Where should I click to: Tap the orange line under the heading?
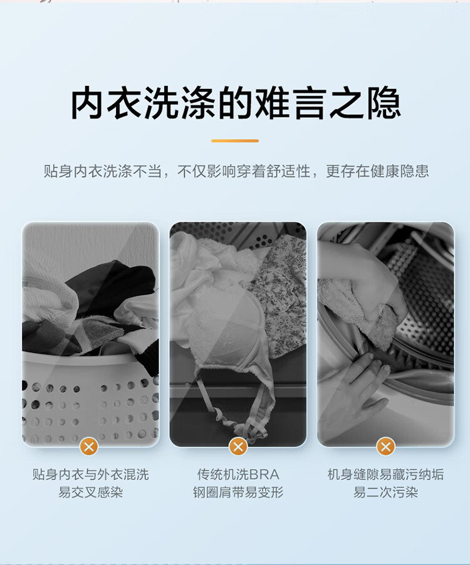tap(235, 141)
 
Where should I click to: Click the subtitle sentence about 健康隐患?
tap(236, 171)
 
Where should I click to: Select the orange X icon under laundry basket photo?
tap(90, 446)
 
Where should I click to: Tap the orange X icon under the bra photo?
tap(238, 446)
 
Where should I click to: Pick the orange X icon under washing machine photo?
tap(385, 446)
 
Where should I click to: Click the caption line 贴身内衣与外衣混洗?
tap(90, 474)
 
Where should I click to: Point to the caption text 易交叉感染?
tap(90, 492)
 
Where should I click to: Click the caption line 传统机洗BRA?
tap(238, 474)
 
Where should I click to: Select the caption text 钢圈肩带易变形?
tap(238, 492)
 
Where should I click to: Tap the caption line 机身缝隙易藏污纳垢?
tap(385, 474)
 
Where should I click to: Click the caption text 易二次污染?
tap(385, 492)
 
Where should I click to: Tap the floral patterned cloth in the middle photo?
tap(282, 282)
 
